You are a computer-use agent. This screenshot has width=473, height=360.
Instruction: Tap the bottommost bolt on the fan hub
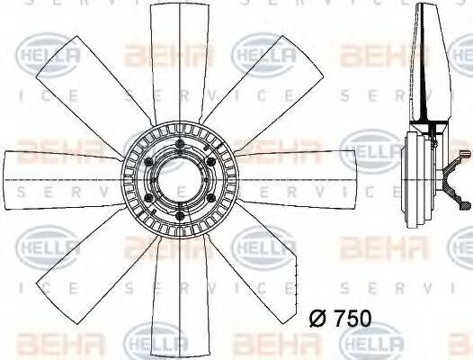(180, 215)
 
